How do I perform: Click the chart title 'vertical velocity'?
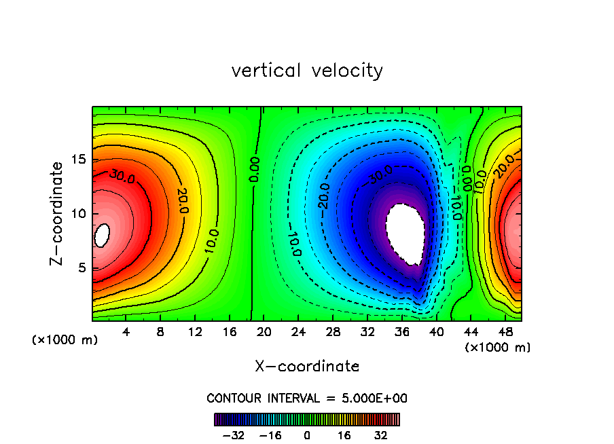coord(307,71)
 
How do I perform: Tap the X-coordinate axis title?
coord(307,367)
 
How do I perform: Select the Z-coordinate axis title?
coord(58,213)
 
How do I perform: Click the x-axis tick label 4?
coord(126,332)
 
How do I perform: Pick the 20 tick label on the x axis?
coord(264,332)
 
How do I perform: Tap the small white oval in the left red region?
coord(103,236)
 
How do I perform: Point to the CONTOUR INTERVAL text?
coord(307,398)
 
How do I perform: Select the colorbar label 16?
coord(344,435)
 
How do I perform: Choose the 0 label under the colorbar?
coord(307,435)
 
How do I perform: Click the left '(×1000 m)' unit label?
coord(65,339)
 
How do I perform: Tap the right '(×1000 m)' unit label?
coord(498,347)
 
